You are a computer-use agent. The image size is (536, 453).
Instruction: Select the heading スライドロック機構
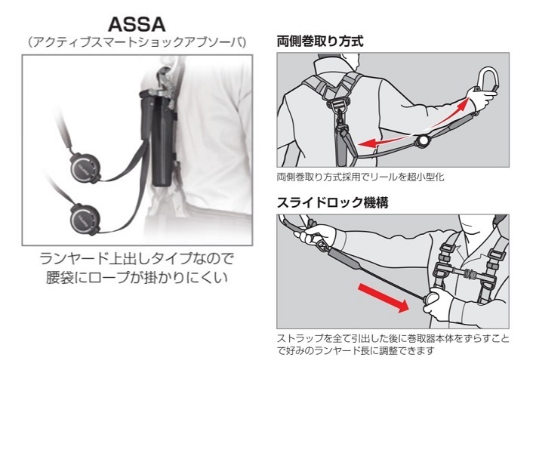[x=325, y=202]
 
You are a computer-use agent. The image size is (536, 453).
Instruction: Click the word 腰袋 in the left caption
[x=59, y=278]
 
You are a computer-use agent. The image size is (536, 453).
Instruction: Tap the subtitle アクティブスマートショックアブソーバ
[x=137, y=42]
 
